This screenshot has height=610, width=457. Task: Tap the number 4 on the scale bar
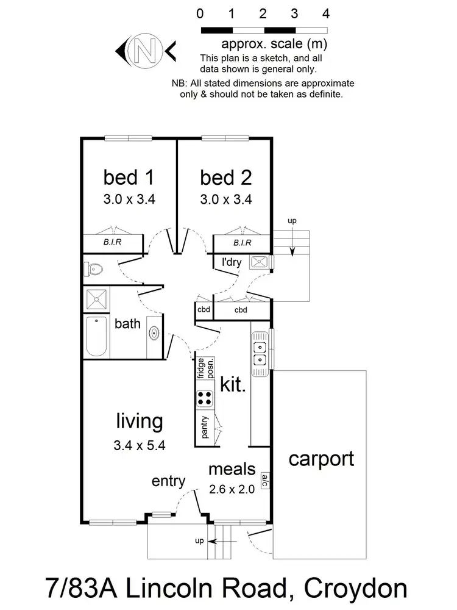[x=326, y=13]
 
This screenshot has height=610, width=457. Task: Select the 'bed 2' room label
[x=225, y=178]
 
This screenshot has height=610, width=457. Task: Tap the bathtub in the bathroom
[x=97, y=337]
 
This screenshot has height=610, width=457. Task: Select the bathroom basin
[x=154, y=334]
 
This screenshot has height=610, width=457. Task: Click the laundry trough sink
[x=260, y=263]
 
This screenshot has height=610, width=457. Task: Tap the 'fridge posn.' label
[x=205, y=368]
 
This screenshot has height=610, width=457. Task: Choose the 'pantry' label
[x=205, y=428]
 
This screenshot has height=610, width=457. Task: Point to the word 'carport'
[x=321, y=458]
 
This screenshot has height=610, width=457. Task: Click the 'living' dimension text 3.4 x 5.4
[x=140, y=445]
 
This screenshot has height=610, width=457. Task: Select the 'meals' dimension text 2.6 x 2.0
[x=232, y=489]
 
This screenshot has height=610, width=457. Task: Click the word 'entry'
[x=168, y=481]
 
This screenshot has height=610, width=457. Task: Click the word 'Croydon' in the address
[x=356, y=589]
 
